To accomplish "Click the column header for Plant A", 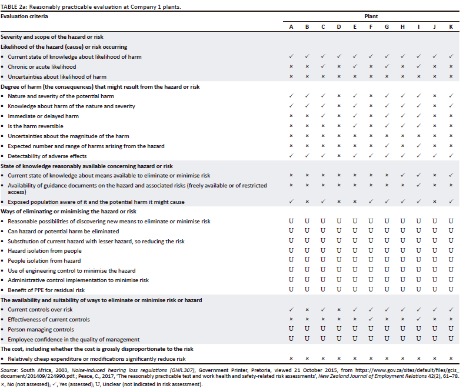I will click(x=291, y=28).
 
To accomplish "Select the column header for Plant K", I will click(x=450, y=28).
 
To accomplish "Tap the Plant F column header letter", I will click(x=370, y=28).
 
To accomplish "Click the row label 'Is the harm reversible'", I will click(x=35, y=126).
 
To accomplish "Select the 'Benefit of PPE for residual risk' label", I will click(x=46, y=290).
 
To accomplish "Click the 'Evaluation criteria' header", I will click(x=23, y=17).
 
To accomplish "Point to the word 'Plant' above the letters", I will click(x=371, y=17).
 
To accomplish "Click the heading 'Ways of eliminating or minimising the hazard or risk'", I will click(x=68, y=212).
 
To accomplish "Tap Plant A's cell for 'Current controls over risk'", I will click(x=291, y=309).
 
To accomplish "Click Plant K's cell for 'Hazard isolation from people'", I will click(x=450, y=250).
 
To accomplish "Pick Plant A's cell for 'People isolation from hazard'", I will click(x=291, y=260).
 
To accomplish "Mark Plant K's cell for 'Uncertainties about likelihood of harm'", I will click(x=450, y=76).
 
